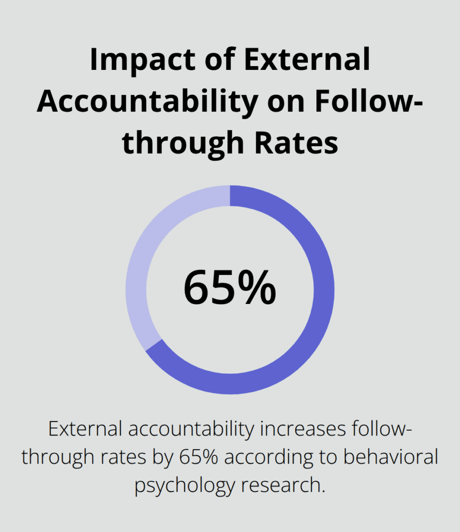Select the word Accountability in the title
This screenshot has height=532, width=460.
click(147, 102)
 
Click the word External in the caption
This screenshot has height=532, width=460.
click(84, 429)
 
